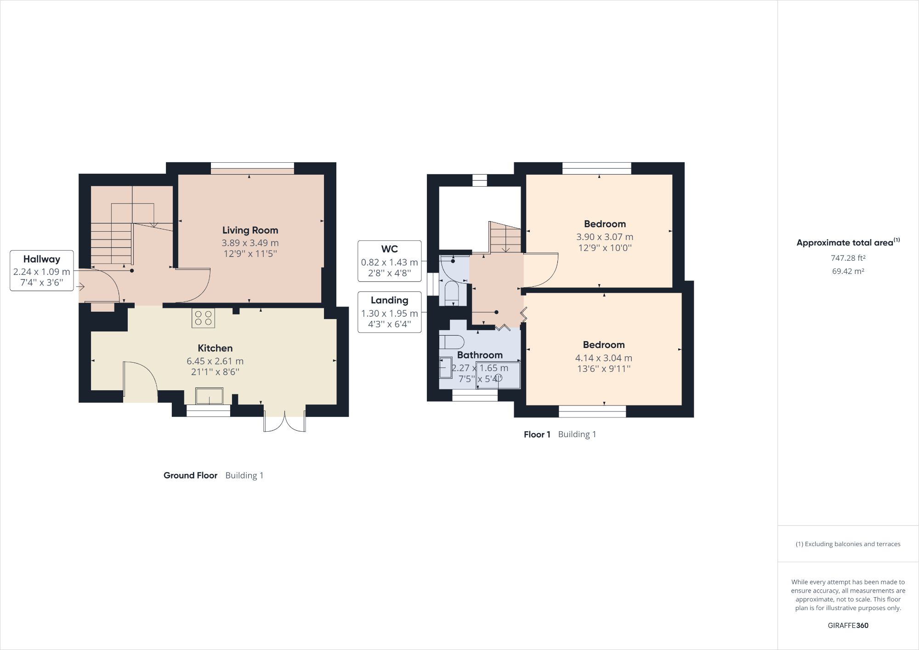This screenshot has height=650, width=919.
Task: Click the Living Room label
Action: click(250, 230)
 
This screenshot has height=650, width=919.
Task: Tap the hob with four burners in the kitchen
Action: click(204, 318)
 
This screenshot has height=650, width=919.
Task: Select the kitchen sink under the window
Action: click(209, 396)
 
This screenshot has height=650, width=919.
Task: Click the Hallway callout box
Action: click(42, 271)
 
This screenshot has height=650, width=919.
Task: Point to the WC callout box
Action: click(389, 261)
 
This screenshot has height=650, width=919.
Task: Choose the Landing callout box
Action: click(389, 312)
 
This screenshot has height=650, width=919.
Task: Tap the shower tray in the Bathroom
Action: click(499, 375)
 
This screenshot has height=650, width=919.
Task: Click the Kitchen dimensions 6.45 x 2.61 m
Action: click(215, 361)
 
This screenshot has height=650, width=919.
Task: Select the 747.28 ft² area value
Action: click(848, 258)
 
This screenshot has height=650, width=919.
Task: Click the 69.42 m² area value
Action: click(848, 271)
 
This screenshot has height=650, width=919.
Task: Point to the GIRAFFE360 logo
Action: click(848, 625)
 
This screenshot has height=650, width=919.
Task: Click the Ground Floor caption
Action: click(190, 475)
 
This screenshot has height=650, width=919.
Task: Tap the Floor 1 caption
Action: click(537, 434)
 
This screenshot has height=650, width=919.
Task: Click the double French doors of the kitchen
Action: click(284, 422)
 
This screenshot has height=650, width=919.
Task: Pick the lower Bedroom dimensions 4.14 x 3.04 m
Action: click(603, 358)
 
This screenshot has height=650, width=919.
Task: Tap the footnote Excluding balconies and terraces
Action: click(848, 544)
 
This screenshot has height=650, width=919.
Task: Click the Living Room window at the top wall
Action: click(252, 168)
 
